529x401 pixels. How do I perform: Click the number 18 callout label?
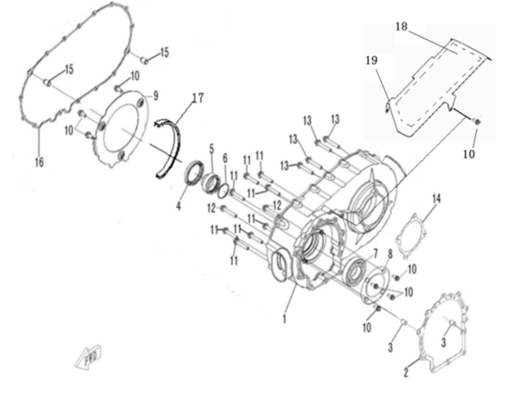pos(401,26)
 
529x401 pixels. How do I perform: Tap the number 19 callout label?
pos(371,60)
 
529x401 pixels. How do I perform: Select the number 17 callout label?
pos(198,98)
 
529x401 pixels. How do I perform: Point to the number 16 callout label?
pos(39,162)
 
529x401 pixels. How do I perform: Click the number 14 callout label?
pos(437,198)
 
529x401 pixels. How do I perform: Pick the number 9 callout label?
pos(155,96)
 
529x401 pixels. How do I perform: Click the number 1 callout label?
pos(285,318)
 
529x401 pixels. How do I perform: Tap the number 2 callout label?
pos(406,372)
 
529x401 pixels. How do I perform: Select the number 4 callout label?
pos(179,205)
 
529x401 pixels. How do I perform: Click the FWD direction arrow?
pos(88,357)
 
